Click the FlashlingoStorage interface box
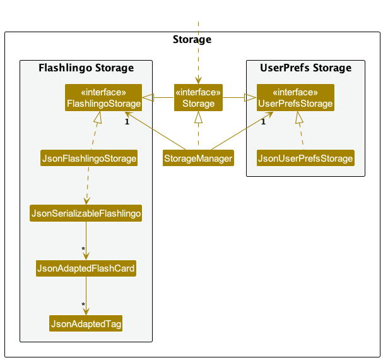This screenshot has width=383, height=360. click(103, 98)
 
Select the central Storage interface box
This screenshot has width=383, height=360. click(198, 98)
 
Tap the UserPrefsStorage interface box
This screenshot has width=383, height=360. click(295, 98)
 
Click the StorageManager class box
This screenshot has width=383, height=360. click(198, 158)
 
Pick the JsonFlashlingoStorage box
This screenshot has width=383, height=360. click(89, 158)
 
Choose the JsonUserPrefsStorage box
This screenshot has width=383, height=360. click(305, 158)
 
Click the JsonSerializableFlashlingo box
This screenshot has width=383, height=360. click(86, 213)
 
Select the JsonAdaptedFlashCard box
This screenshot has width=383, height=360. click(86, 268)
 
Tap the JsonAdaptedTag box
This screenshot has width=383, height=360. click(86, 323)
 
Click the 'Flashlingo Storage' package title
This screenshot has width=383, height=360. click(86, 68)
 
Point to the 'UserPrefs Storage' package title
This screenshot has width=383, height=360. click(305, 68)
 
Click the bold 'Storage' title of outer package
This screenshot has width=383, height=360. click(192, 40)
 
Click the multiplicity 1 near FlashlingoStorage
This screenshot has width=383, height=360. click(127, 121)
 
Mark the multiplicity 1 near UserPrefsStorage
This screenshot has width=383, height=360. click(263, 121)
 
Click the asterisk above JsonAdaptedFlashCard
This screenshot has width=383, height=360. click(83, 249)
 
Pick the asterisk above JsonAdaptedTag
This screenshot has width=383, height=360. click(83, 304)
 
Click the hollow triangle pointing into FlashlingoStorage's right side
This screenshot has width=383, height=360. click(148, 98)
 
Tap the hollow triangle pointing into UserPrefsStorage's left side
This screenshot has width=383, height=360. click(250, 98)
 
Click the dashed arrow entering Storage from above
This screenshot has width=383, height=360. click(198, 53)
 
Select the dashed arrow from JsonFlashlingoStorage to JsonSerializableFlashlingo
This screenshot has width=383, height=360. click(88, 186)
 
